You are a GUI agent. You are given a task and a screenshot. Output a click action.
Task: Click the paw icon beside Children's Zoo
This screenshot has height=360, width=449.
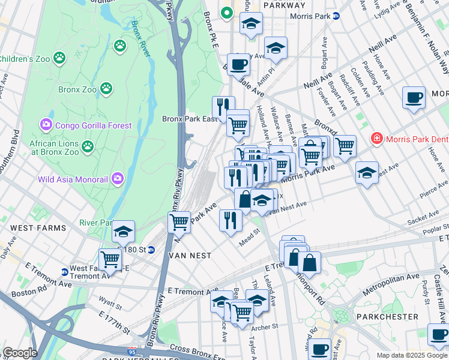click(59, 58)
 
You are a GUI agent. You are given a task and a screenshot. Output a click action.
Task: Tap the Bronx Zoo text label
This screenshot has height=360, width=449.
click(77, 90)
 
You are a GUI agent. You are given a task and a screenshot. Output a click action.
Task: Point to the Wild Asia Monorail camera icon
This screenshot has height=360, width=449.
click(118, 178)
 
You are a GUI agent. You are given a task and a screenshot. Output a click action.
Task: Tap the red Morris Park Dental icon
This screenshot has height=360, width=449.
click(376, 139)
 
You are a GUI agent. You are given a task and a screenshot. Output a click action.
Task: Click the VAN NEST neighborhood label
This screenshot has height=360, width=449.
click(190, 256)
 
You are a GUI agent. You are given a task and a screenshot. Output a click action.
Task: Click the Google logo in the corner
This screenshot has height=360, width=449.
click(19, 353)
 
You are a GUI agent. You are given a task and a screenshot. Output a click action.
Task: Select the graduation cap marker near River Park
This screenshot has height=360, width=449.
click(123, 231)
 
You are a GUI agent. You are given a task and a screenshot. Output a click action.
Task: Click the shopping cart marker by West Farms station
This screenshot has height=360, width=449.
click(110, 259)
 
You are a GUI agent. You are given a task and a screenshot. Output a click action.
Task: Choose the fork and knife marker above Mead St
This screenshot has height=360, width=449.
click(231, 220)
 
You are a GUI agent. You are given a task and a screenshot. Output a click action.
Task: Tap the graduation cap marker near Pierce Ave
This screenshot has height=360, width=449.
click(367, 173)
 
